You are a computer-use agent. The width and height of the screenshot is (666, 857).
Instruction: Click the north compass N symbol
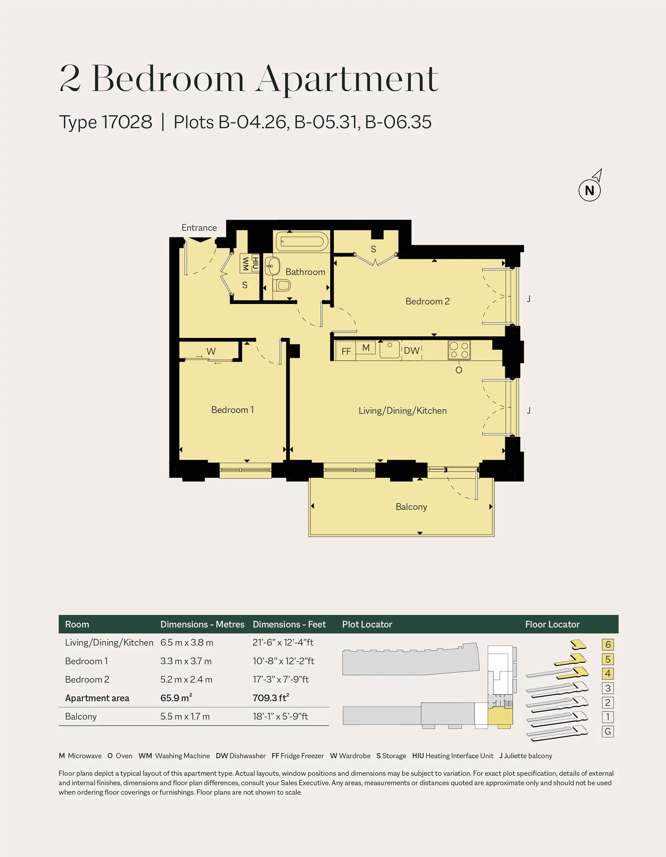[589, 190]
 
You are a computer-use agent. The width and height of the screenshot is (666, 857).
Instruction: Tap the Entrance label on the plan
[199, 228]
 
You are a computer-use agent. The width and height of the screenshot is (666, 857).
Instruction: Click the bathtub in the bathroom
[302, 241]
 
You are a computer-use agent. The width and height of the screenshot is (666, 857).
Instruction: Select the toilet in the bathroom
[282, 285]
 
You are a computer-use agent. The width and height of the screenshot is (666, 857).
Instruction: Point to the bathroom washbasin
[272, 266]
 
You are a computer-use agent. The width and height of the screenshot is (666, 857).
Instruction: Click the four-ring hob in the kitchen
[459, 350]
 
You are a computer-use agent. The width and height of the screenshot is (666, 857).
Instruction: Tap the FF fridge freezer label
[346, 351]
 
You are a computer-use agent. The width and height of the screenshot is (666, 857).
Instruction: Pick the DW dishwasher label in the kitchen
[412, 351]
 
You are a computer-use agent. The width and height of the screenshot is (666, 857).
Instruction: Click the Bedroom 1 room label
[232, 410]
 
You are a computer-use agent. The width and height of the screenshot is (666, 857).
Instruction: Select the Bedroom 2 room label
[428, 301]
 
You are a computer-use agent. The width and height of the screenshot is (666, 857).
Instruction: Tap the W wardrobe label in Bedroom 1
[211, 351]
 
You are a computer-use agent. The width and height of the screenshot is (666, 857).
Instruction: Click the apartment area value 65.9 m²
[176, 698]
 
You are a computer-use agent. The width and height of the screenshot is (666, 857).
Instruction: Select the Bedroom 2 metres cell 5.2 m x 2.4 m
[186, 679]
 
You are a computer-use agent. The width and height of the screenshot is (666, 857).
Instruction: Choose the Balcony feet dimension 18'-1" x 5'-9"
[280, 716]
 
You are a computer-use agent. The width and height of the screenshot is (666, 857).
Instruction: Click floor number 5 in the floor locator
[608, 659]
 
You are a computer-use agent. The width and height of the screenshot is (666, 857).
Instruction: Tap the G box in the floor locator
[608, 731]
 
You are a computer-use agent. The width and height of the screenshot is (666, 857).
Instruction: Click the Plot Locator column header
[367, 624]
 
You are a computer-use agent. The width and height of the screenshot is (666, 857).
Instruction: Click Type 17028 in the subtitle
[106, 122]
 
